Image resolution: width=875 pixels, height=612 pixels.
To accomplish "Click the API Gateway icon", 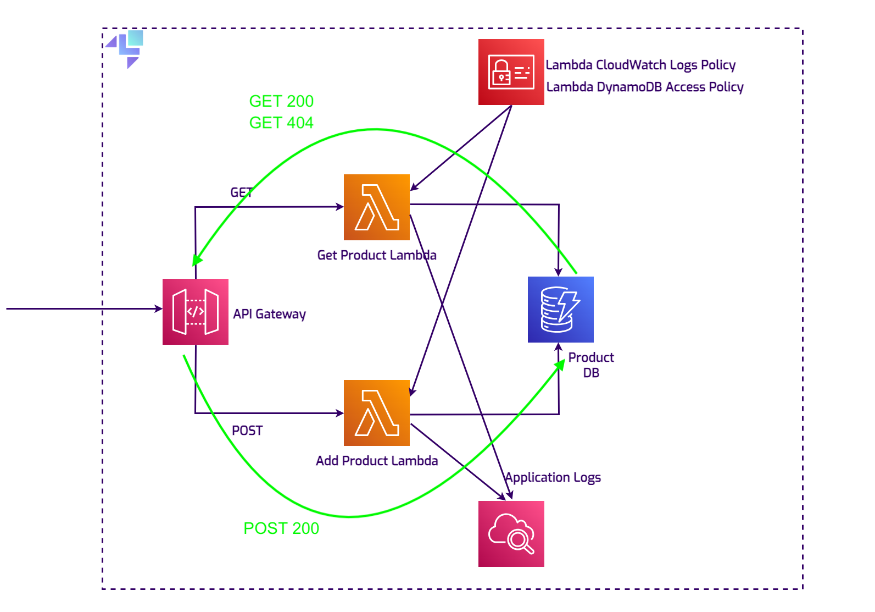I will tap(195, 312).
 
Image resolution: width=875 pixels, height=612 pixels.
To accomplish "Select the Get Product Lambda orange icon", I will tap(376, 207).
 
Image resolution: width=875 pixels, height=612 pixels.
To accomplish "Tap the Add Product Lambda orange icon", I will tap(376, 412).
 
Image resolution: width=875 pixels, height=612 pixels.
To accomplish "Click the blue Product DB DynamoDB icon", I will tap(560, 309).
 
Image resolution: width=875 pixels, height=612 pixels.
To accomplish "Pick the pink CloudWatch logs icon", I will tap(511, 533).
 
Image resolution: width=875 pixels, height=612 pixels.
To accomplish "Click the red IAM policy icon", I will tap(511, 72).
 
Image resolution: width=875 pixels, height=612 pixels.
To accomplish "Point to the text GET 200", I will tap(281, 101).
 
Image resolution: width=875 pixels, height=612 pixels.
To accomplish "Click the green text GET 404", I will tap(281, 123).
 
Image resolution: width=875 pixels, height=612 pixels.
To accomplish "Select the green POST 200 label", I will tap(281, 528).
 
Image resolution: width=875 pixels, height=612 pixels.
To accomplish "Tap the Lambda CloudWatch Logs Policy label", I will tap(640, 65).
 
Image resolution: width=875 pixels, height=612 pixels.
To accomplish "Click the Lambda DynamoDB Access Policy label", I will tap(645, 87).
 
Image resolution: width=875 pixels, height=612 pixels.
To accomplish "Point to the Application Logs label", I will tap(553, 477).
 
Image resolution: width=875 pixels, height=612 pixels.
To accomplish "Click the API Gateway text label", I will tap(269, 314).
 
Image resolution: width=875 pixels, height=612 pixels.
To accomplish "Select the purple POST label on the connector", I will tap(247, 431).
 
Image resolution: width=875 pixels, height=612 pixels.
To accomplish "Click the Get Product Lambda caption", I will tap(377, 255).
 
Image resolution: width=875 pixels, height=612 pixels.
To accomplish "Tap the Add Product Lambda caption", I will tap(377, 461).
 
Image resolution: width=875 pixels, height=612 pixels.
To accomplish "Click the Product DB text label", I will tap(591, 365).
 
